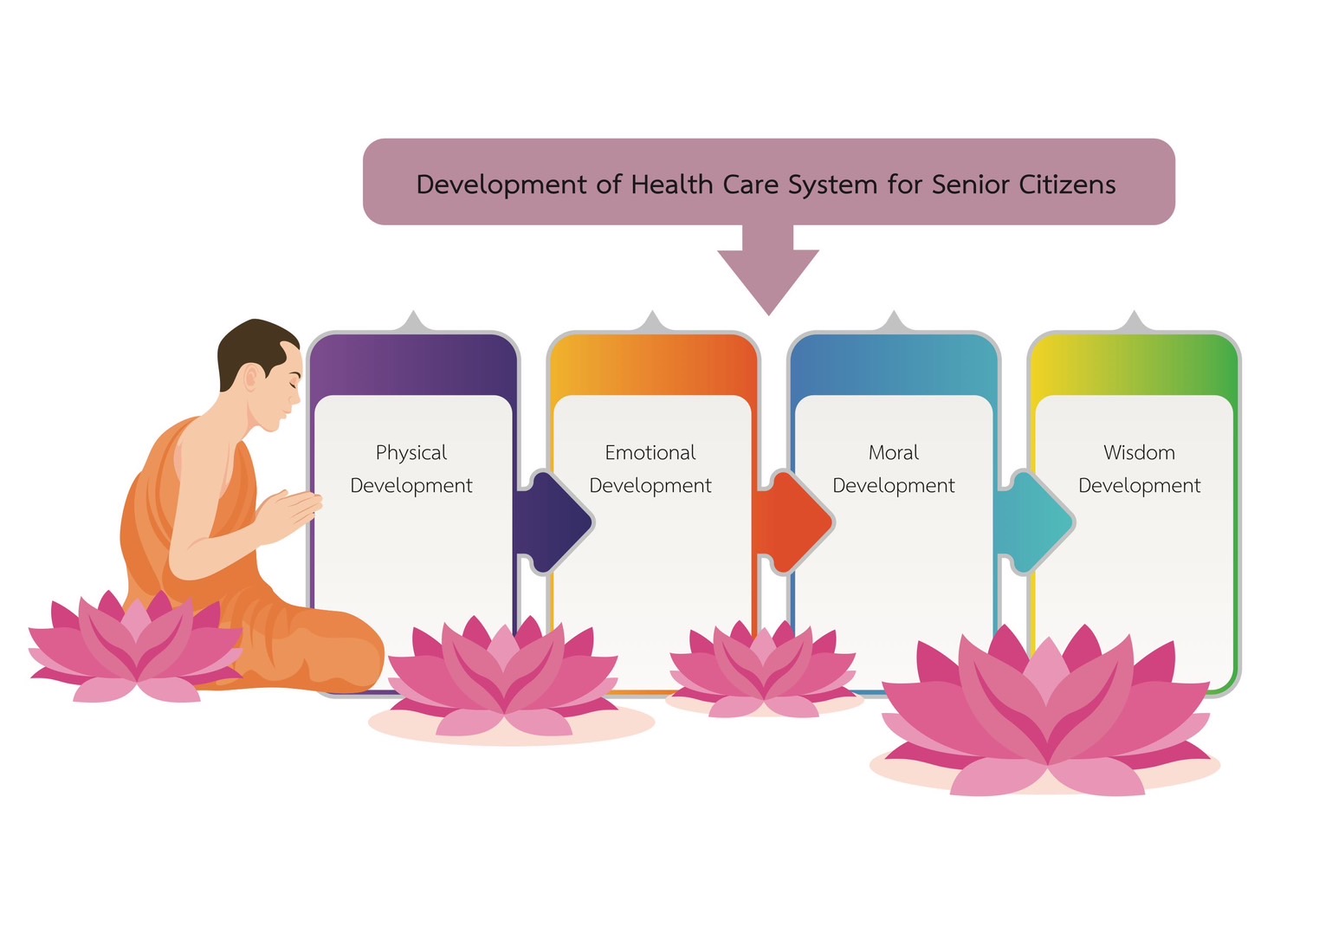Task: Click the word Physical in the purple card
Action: coord(411,453)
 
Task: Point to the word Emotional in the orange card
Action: coord(650,452)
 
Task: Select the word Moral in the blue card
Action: coord(893,452)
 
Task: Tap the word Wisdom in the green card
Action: coord(1139,452)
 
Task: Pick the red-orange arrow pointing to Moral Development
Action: coord(795,522)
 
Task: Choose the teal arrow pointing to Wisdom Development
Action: coord(1037,522)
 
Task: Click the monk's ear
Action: coord(251,377)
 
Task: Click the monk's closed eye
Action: coord(294,384)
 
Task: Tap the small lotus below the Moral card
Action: coord(763,669)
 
